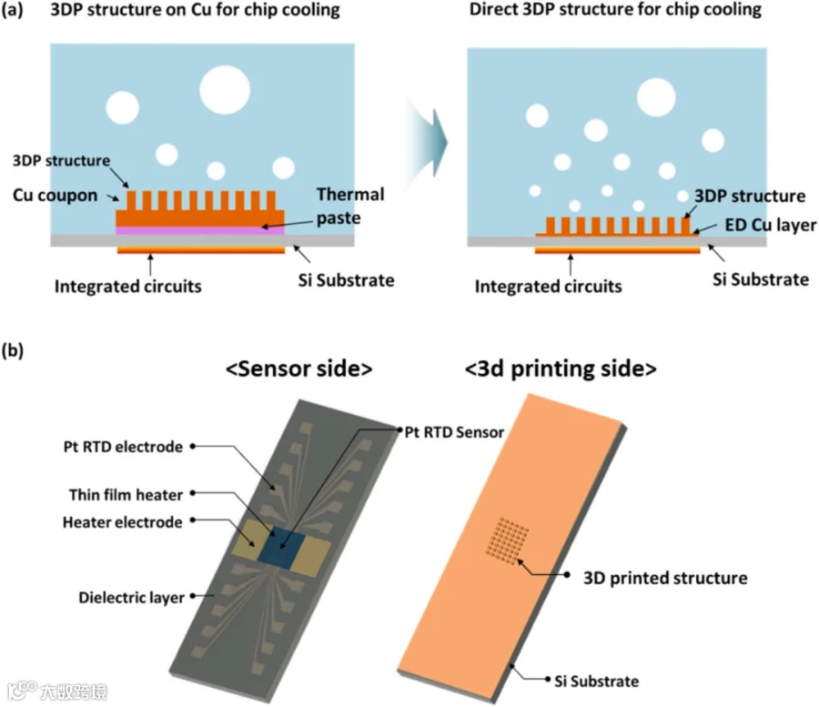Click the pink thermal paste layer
200,230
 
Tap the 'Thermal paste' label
350,206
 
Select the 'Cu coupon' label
55,196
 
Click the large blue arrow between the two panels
428,143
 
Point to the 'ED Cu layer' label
771,225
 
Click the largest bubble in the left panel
225,90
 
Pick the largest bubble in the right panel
656,97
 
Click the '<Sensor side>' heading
298,369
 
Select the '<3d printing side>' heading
561,369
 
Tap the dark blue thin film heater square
282,547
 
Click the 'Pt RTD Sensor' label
454,432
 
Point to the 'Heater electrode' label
122,522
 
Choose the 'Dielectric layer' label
131,597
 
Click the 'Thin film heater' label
126,494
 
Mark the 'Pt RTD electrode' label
123,447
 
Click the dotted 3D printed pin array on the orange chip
507,541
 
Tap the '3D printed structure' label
665,578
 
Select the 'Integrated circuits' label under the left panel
128,286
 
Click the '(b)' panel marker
13,350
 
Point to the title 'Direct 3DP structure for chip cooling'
615,10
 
